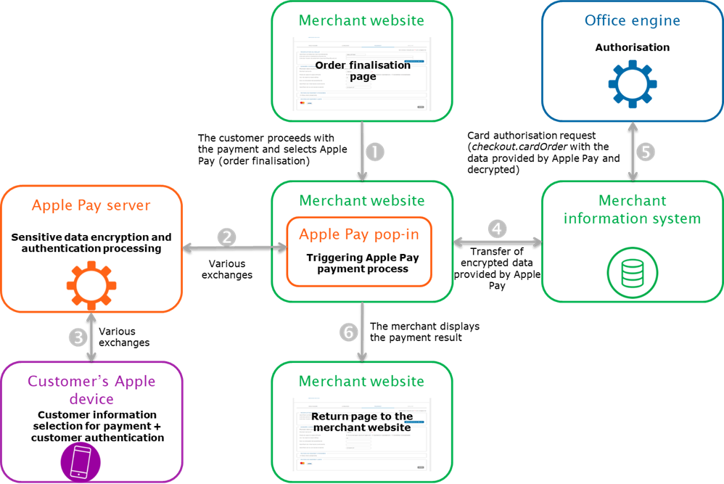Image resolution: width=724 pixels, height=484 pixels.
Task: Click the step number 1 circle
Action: tap(374, 152)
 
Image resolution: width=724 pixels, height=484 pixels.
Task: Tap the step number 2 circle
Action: tap(228, 237)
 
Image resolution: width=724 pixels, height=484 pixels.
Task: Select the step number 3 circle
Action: tap(78, 337)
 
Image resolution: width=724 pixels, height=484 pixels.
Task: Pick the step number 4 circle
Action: tap(496, 229)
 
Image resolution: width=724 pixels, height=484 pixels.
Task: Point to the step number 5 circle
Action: tap(645, 152)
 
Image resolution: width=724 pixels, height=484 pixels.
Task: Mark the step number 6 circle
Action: tap(349, 332)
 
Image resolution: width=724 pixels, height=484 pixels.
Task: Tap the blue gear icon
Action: tap(632, 83)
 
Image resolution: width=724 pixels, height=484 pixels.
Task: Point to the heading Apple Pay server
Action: tap(91, 205)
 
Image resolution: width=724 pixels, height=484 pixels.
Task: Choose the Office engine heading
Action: tap(633, 20)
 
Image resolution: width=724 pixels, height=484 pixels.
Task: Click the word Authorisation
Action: tap(633, 48)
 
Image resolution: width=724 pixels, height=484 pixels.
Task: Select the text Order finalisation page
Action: tap(363, 70)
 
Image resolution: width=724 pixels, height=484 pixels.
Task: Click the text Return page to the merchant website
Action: tap(362, 422)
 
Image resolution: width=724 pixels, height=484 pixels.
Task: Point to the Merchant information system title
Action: tap(633, 209)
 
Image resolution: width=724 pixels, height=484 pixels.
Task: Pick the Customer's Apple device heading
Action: tap(91, 390)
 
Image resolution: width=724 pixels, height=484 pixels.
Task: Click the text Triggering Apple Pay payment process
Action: tap(363, 263)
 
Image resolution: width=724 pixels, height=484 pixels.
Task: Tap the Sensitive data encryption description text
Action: tap(91, 242)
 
